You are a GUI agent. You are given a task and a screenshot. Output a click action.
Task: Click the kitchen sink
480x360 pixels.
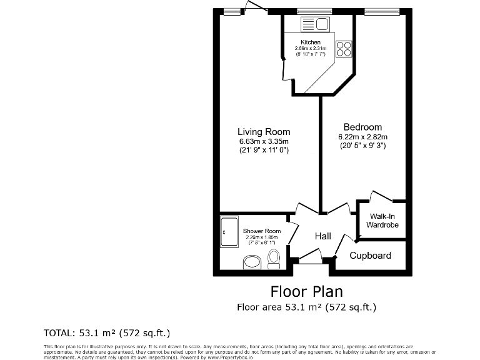(316, 24)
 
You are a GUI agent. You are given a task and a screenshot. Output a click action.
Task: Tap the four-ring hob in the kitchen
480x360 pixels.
(343, 49)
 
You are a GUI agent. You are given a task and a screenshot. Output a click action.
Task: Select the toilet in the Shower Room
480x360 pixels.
(274, 258)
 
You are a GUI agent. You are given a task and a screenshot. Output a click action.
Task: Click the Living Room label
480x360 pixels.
(264, 132)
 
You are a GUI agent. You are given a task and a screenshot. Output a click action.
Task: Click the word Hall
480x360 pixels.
(322, 236)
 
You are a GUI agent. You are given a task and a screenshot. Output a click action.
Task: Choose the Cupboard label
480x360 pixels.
(370, 256)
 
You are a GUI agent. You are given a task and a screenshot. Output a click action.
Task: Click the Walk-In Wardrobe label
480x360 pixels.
(382, 220)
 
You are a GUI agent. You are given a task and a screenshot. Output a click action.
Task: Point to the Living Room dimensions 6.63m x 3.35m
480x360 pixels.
(264, 141)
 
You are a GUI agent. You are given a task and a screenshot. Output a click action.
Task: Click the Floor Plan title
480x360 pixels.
(306, 291)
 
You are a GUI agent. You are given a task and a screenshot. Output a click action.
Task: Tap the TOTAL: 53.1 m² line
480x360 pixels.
(106, 332)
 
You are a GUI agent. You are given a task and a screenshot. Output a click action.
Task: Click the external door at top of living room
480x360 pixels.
(255, 8)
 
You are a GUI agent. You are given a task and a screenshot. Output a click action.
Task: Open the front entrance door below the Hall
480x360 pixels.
(309, 256)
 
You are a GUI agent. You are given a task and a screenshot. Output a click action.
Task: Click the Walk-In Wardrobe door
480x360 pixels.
(381, 196)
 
